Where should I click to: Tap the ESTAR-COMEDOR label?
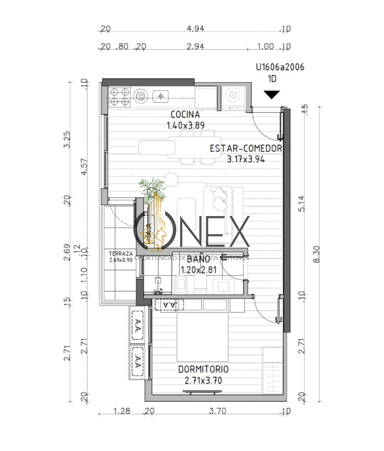point(245,148)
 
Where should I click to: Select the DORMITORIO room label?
point(203,369)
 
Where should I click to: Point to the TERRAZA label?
point(120,254)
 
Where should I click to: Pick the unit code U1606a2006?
point(280,67)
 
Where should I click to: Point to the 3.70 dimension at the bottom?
point(218,412)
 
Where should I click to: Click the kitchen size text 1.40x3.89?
point(186,125)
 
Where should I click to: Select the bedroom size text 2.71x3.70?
point(203,380)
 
